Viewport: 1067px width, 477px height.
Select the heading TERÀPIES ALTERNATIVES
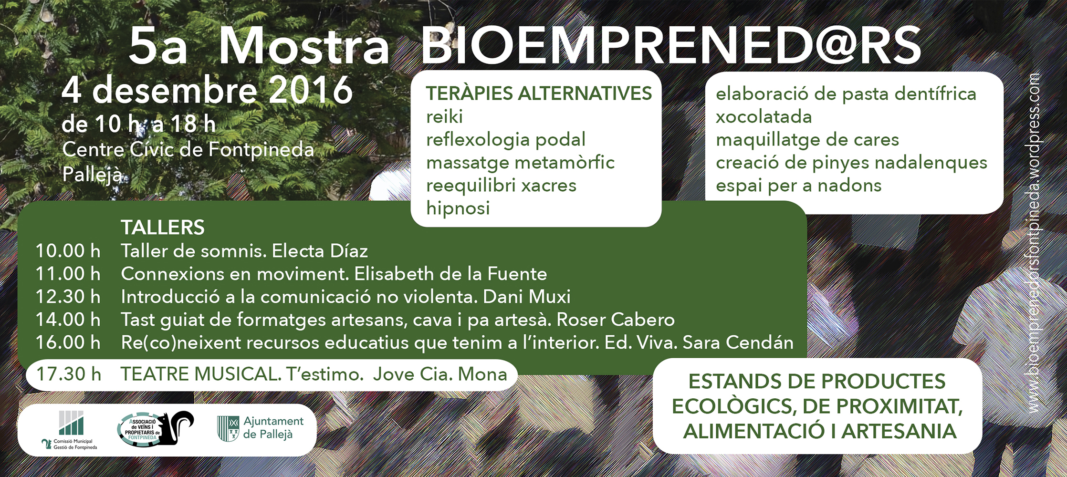click(x=539, y=93)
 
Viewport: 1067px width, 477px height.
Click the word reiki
click(x=444, y=116)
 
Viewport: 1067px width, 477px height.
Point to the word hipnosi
click(x=458, y=208)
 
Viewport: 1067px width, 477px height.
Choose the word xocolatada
click(x=764, y=116)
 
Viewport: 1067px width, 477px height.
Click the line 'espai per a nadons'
click(x=798, y=186)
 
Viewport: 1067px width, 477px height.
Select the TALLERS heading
click(x=163, y=228)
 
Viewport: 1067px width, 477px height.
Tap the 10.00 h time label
click(x=68, y=251)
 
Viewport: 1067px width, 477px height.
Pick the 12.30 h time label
click(x=68, y=297)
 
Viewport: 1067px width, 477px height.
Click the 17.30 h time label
click(x=69, y=374)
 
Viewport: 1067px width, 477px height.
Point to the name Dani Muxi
click(x=527, y=297)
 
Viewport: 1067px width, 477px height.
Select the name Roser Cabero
click(x=616, y=320)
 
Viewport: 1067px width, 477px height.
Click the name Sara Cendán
click(x=738, y=342)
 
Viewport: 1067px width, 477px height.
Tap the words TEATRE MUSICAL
click(x=201, y=374)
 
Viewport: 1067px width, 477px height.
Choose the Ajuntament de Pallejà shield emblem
click(x=228, y=428)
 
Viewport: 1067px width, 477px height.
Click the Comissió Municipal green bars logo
click(x=71, y=423)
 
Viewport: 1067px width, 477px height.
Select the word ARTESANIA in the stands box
click(x=899, y=431)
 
